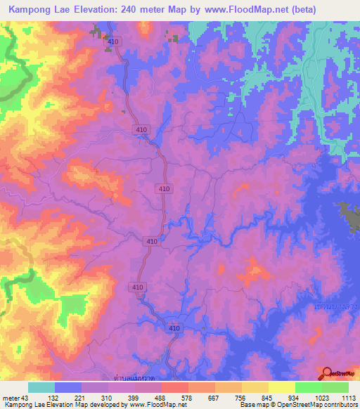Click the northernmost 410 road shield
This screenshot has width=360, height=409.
tap(115, 42)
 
